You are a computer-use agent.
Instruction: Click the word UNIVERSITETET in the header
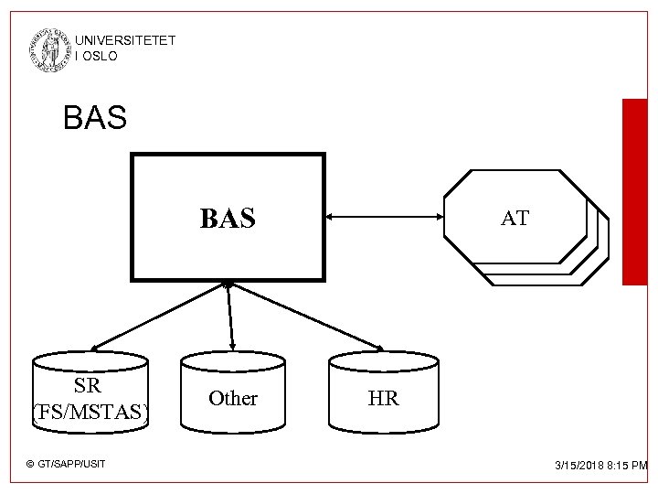pos(125,41)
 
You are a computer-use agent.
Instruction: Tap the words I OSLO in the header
pos(97,56)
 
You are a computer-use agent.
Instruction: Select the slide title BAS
pos(95,117)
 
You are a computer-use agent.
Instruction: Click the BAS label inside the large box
pos(228,219)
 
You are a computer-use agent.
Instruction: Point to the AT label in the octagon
pos(515,219)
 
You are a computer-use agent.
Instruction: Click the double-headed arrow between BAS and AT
pos(384,217)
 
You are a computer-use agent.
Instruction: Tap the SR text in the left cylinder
pos(88,386)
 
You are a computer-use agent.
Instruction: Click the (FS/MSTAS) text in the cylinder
pos(90,413)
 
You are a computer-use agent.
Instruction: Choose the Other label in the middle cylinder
pos(233,399)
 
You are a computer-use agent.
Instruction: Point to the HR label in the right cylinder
pos(383,400)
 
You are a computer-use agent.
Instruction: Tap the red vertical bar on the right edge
pos(634,192)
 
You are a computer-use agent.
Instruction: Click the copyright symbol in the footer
pos(30,465)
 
